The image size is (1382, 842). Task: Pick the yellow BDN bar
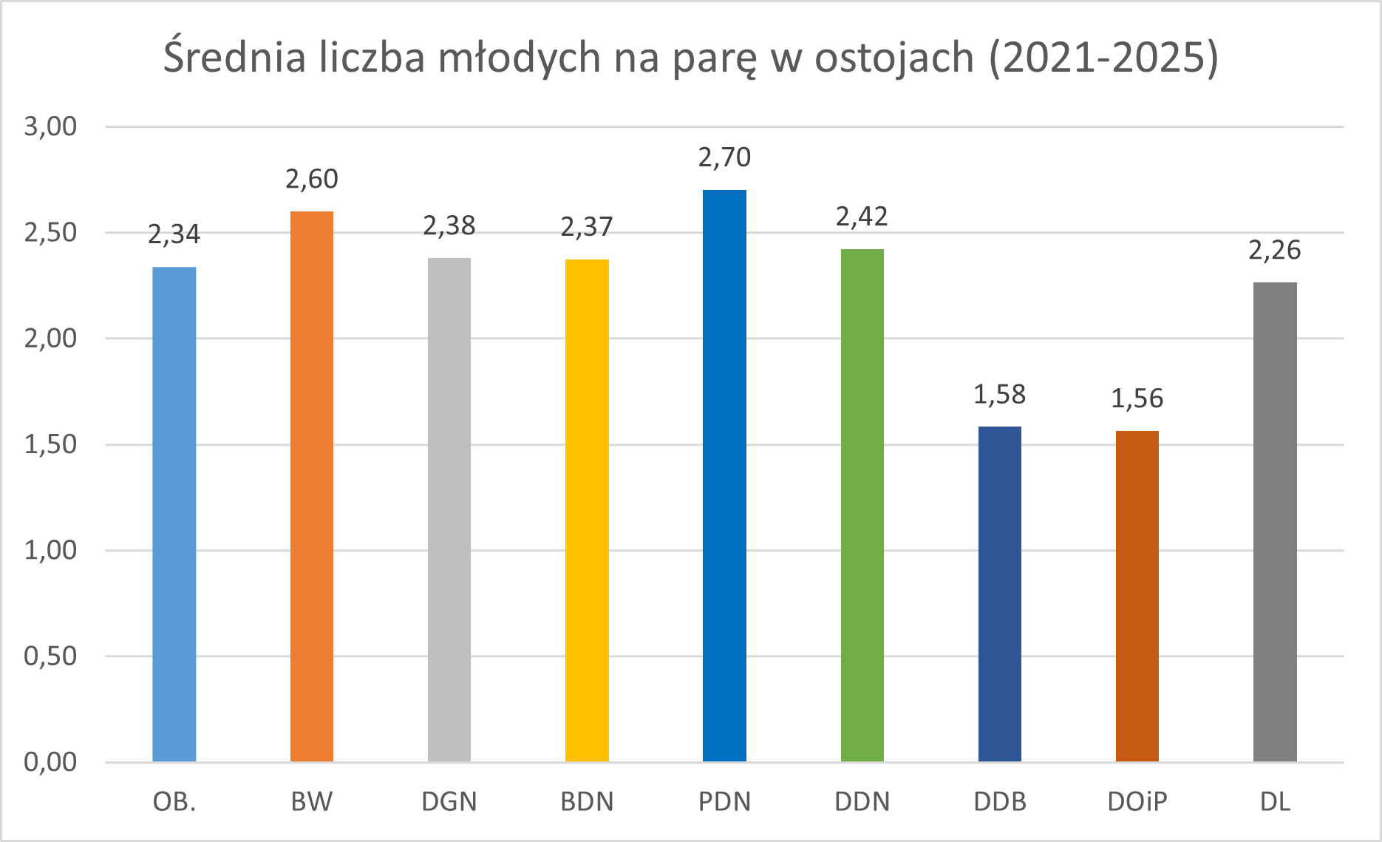587,510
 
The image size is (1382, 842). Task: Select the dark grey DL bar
1275,522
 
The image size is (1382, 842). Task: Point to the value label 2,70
724,157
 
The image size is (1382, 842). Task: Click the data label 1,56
1137,399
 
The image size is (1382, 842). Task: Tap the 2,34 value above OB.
174,234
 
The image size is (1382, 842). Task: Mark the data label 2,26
1275,251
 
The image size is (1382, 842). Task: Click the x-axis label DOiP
1137,802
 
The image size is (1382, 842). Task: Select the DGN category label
449,802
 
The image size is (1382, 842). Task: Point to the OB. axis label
174,802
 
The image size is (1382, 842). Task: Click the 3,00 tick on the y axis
50,126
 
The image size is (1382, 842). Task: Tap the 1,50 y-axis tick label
50,444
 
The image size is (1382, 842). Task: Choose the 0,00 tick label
50,762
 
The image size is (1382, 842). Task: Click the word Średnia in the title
234,57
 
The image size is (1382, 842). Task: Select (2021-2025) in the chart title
1103,57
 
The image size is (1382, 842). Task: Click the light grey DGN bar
449,509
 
